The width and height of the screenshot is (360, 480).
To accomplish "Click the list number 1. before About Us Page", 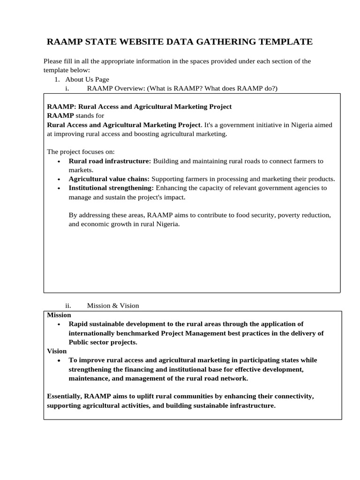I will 58,80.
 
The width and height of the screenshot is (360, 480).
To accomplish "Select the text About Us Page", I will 87,80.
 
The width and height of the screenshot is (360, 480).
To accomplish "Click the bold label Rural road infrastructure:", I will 110,161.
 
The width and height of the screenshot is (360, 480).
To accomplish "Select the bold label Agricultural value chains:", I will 109,179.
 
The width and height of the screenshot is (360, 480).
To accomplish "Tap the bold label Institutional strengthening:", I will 111,188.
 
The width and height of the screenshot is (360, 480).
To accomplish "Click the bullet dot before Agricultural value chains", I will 59,180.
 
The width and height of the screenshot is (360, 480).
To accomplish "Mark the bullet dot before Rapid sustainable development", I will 59,324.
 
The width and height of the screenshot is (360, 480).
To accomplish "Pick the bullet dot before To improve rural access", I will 59,360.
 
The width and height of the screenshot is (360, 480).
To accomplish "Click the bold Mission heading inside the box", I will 59,315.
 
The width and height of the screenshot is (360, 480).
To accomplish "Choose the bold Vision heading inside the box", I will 57,351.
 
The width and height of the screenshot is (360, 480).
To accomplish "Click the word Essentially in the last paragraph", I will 64,397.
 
